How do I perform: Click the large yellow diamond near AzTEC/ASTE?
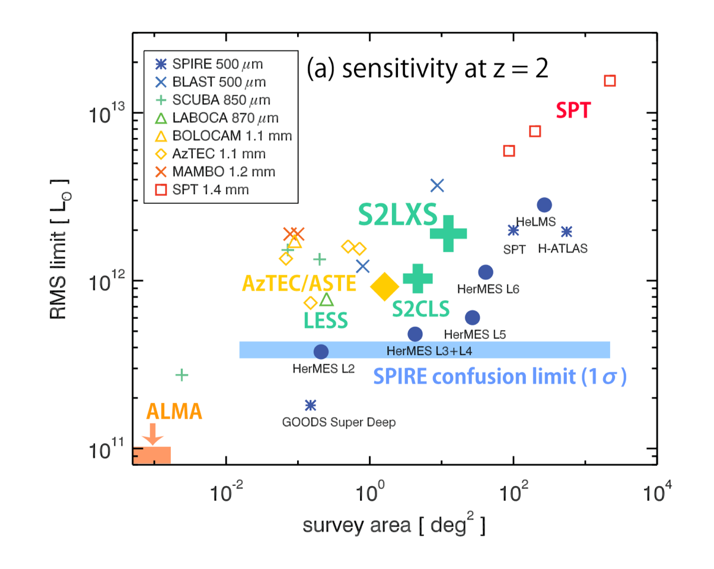[384, 286]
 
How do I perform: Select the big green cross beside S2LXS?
[448, 233]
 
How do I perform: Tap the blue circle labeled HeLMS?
[544, 204]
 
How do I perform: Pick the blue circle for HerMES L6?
[486, 272]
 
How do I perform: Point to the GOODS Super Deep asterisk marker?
[310, 405]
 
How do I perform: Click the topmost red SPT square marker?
[610, 80]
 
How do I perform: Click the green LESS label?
[325, 321]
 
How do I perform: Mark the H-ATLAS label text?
[562, 249]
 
